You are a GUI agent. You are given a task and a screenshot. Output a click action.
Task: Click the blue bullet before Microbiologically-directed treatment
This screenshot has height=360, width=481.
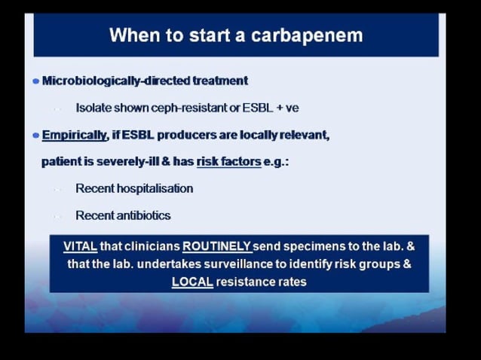point(35,81)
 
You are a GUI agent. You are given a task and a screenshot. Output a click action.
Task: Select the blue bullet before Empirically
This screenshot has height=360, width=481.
point(35,136)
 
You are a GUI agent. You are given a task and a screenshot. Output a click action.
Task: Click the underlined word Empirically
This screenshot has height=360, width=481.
point(75,136)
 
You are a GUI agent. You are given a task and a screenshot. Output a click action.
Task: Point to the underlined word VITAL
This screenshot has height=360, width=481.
point(79,246)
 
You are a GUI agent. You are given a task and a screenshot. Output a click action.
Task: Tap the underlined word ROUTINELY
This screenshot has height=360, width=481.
point(216,246)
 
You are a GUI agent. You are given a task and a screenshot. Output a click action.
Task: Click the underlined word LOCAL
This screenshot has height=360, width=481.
point(192,282)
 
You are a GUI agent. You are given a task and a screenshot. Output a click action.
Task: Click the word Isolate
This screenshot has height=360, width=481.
point(93,108)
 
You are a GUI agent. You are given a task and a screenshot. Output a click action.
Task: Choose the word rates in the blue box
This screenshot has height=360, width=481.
point(292,282)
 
